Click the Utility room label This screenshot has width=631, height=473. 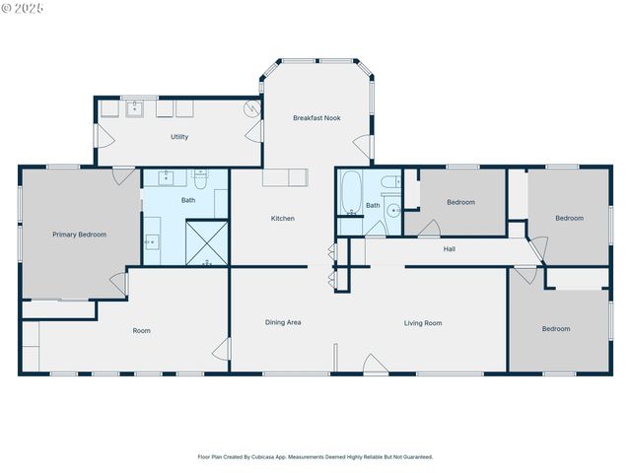click(x=179, y=137)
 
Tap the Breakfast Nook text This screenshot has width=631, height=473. click(x=316, y=118)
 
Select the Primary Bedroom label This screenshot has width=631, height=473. click(x=79, y=235)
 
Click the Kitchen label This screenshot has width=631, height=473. click(x=283, y=218)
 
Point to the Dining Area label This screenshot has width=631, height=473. click(x=283, y=322)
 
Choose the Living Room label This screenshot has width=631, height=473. click(x=423, y=322)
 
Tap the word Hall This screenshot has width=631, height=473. click(x=449, y=249)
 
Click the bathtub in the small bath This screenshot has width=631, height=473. click(x=350, y=193)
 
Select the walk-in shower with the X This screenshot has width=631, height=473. click(x=207, y=243)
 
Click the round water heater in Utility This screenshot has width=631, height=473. click(x=253, y=110)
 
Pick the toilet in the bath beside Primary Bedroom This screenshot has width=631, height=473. click(x=200, y=179)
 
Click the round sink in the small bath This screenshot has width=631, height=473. click(x=393, y=209)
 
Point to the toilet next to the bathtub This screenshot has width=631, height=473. click(x=389, y=181)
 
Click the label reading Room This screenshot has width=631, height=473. click(x=142, y=330)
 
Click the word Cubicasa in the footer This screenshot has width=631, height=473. click(x=265, y=456)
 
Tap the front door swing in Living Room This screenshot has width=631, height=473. click(x=376, y=365)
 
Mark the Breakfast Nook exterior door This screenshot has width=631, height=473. click(x=362, y=148)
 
